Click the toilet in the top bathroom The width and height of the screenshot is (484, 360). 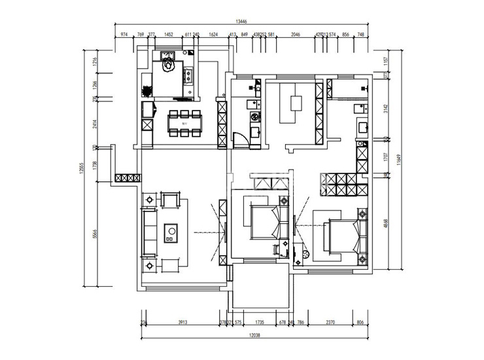point(169,65)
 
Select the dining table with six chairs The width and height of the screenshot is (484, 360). point(184,122)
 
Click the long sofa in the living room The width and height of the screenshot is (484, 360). point(148,232)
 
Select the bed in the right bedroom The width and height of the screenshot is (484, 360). point(342,236)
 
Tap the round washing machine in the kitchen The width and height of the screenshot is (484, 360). point(254,117)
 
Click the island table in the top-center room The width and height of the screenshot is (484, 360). point(293,108)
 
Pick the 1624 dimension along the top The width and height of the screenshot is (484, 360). point(213,35)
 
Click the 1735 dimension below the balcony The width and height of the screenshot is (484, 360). point(260,322)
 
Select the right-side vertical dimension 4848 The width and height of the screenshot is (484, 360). point(387,223)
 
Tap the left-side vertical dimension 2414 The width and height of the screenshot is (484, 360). point(95,122)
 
